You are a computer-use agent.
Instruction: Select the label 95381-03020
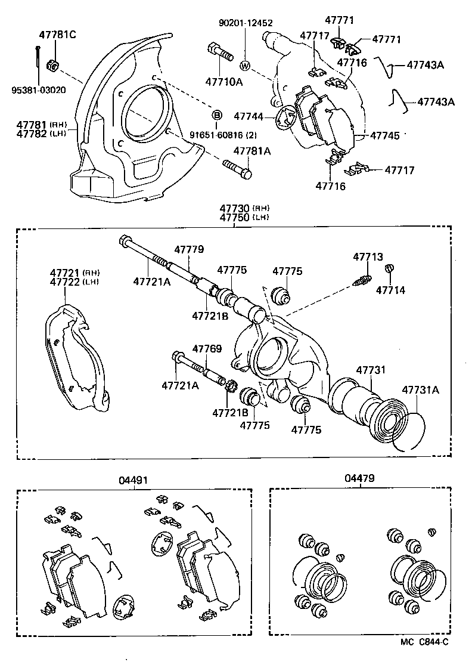pyautogui.click(x=38, y=90)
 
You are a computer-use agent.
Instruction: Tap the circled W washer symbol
pyautogui.click(x=245, y=64)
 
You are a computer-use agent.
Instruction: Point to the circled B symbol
pyautogui.click(x=217, y=114)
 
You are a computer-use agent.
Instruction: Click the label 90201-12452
pyautogui.click(x=245, y=23)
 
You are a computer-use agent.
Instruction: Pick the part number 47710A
pyautogui.click(x=223, y=82)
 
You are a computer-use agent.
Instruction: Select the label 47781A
pyautogui.click(x=251, y=151)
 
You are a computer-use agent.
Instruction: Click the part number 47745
pyautogui.click(x=384, y=136)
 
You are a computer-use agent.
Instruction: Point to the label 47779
pyautogui.click(x=189, y=249)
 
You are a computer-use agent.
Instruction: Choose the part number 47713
pyautogui.click(x=368, y=257)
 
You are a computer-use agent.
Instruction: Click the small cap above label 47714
pyautogui.click(x=390, y=268)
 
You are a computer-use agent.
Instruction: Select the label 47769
pyautogui.click(x=206, y=348)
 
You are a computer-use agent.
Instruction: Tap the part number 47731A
pyautogui.click(x=420, y=390)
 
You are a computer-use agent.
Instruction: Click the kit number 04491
pyautogui.click(x=133, y=480)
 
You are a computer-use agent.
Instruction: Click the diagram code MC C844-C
pyautogui.click(x=424, y=642)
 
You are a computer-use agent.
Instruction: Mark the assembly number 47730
pyautogui.click(x=234, y=208)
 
